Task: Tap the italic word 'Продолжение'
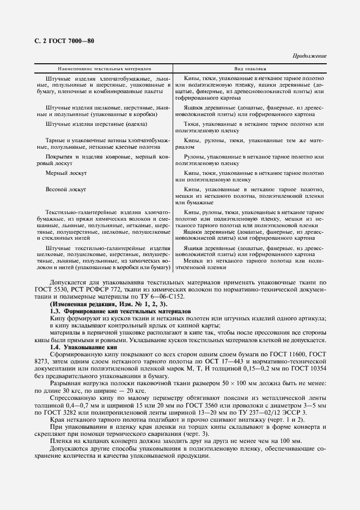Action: [309, 56]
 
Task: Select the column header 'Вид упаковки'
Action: [250, 69]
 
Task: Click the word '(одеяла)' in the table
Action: [129, 124]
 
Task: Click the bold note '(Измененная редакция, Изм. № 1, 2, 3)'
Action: [109, 303]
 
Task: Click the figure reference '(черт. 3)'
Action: [202, 433]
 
